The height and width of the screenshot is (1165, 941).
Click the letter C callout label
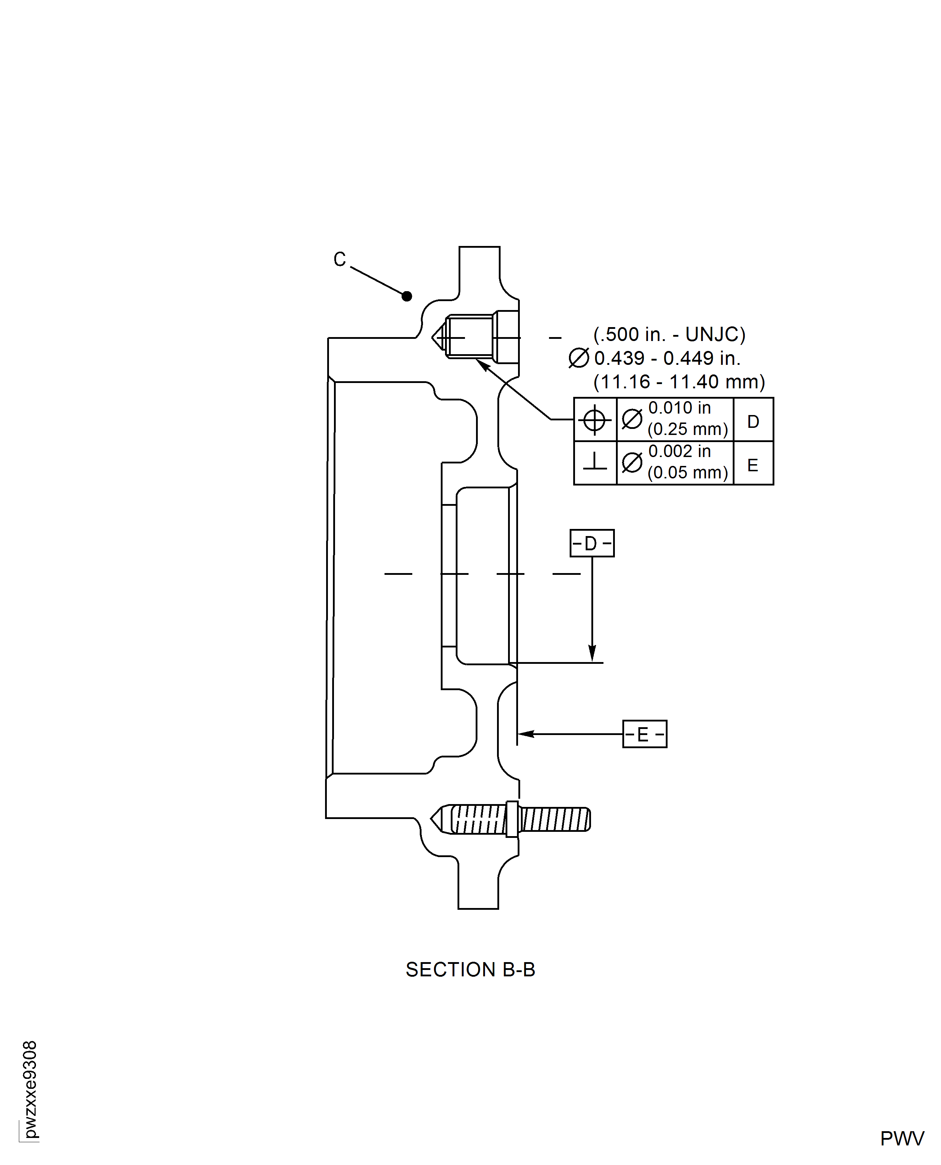[x=339, y=259]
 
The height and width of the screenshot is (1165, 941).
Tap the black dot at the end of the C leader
[x=407, y=296]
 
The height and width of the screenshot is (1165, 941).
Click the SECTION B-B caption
[x=470, y=969]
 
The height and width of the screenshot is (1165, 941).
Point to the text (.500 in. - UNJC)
[x=669, y=334]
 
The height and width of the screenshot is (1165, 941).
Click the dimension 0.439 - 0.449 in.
[x=667, y=358]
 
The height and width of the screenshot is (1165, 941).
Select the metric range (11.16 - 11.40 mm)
[x=679, y=382]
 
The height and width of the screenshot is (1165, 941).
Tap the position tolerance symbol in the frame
[x=594, y=419]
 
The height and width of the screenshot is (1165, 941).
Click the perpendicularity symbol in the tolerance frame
[x=595, y=462]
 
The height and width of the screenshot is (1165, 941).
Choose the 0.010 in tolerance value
[x=679, y=408]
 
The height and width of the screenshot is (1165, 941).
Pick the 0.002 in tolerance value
[x=679, y=451]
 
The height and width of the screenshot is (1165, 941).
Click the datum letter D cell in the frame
[x=753, y=421]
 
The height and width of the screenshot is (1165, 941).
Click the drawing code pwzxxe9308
[x=30, y=1089]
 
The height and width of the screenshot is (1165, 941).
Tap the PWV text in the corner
[x=901, y=1138]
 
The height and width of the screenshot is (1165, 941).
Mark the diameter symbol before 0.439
[x=578, y=358]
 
